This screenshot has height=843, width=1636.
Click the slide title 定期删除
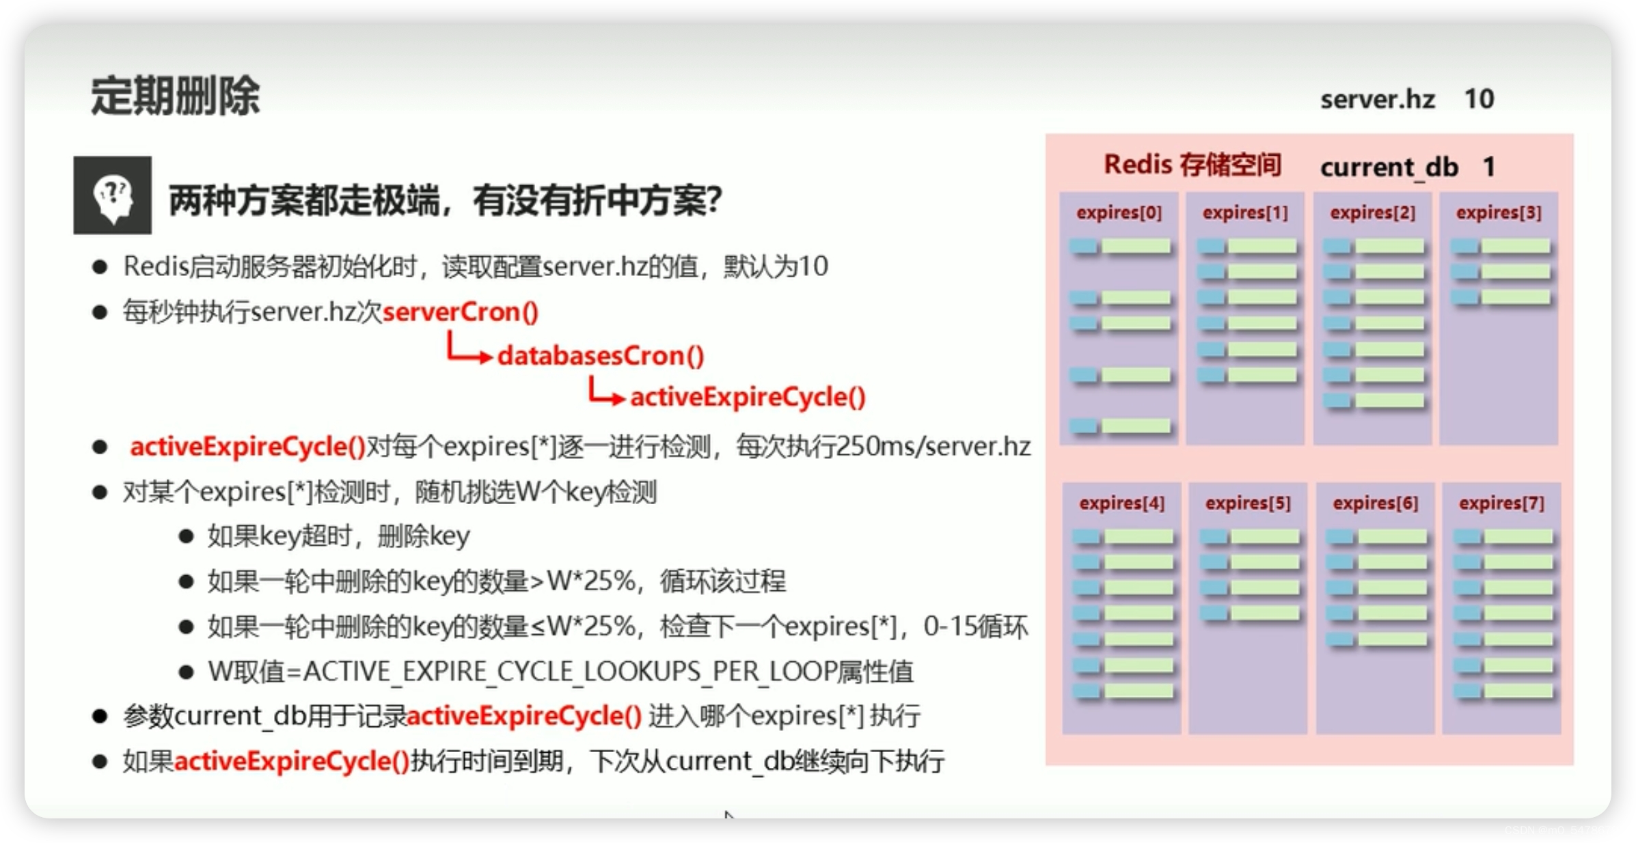pos(175,96)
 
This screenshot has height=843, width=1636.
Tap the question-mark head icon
pos(113,196)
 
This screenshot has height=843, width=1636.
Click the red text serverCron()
pos(461,312)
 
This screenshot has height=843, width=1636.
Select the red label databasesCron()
pos(600,356)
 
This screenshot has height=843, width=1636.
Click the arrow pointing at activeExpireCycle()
pos(606,393)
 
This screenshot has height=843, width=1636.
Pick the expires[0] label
pos(1119,213)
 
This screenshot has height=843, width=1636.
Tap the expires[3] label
pos(1499,213)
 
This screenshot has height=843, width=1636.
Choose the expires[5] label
pos(1248,503)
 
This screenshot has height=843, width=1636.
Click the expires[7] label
pos(1501,503)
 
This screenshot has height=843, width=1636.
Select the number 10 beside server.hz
pos(1479,100)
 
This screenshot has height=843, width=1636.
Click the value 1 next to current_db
pos(1489,167)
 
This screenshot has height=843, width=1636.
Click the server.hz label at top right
pos(1377,100)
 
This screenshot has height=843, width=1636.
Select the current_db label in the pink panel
pos(1389,167)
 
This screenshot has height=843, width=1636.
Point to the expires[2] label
pos(1372,213)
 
